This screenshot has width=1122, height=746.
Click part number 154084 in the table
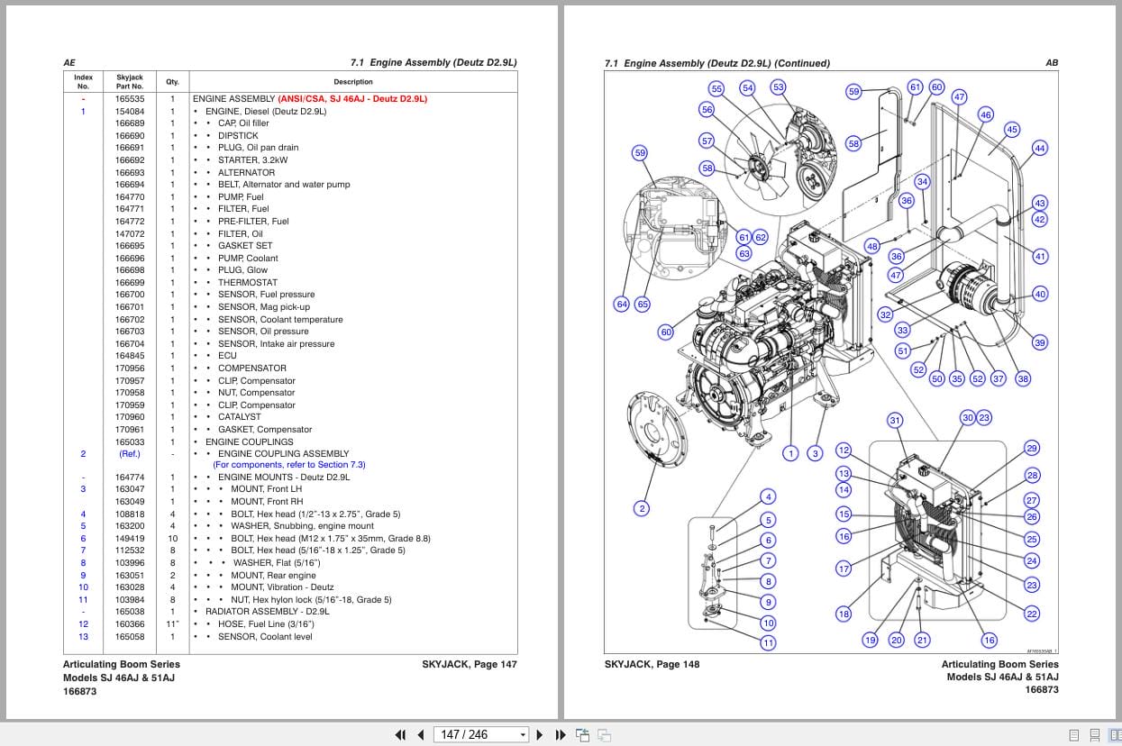pyautogui.click(x=129, y=111)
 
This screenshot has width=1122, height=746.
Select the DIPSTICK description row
pyautogui.click(x=238, y=135)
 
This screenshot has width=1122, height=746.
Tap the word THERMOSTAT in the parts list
pyautogui.click(x=248, y=282)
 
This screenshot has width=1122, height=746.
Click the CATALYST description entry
pyautogui.click(x=239, y=417)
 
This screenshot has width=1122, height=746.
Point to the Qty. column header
pyautogui.click(x=172, y=82)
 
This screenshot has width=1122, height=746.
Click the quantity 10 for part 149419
pyautogui.click(x=172, y=539)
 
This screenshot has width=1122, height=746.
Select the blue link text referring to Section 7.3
pyautogui.click(x=288, y=465)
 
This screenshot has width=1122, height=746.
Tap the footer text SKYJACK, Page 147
pyautogui.click(x=469, y=665)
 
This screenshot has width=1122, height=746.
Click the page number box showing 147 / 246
pyautogui.click(x=481, y=734)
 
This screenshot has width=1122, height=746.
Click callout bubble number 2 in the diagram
pyautogui.click(x=642, y=508)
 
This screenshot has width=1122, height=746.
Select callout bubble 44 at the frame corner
pyautogui.click(x=1039, y=149)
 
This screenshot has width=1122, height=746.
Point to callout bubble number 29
pyautogui.click(x=1032, y=449)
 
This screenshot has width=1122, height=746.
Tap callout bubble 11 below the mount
pyautogui.click(x=768, y=642)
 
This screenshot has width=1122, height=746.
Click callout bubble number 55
pyautogui.click(x=716, y=88)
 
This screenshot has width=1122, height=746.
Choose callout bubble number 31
pyautogui.click(x=895, y=420)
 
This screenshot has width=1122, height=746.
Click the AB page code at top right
pyautogui.click(x=1052, y=63)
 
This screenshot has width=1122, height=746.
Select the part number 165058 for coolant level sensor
pyautogui.click(x=129, y=637)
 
